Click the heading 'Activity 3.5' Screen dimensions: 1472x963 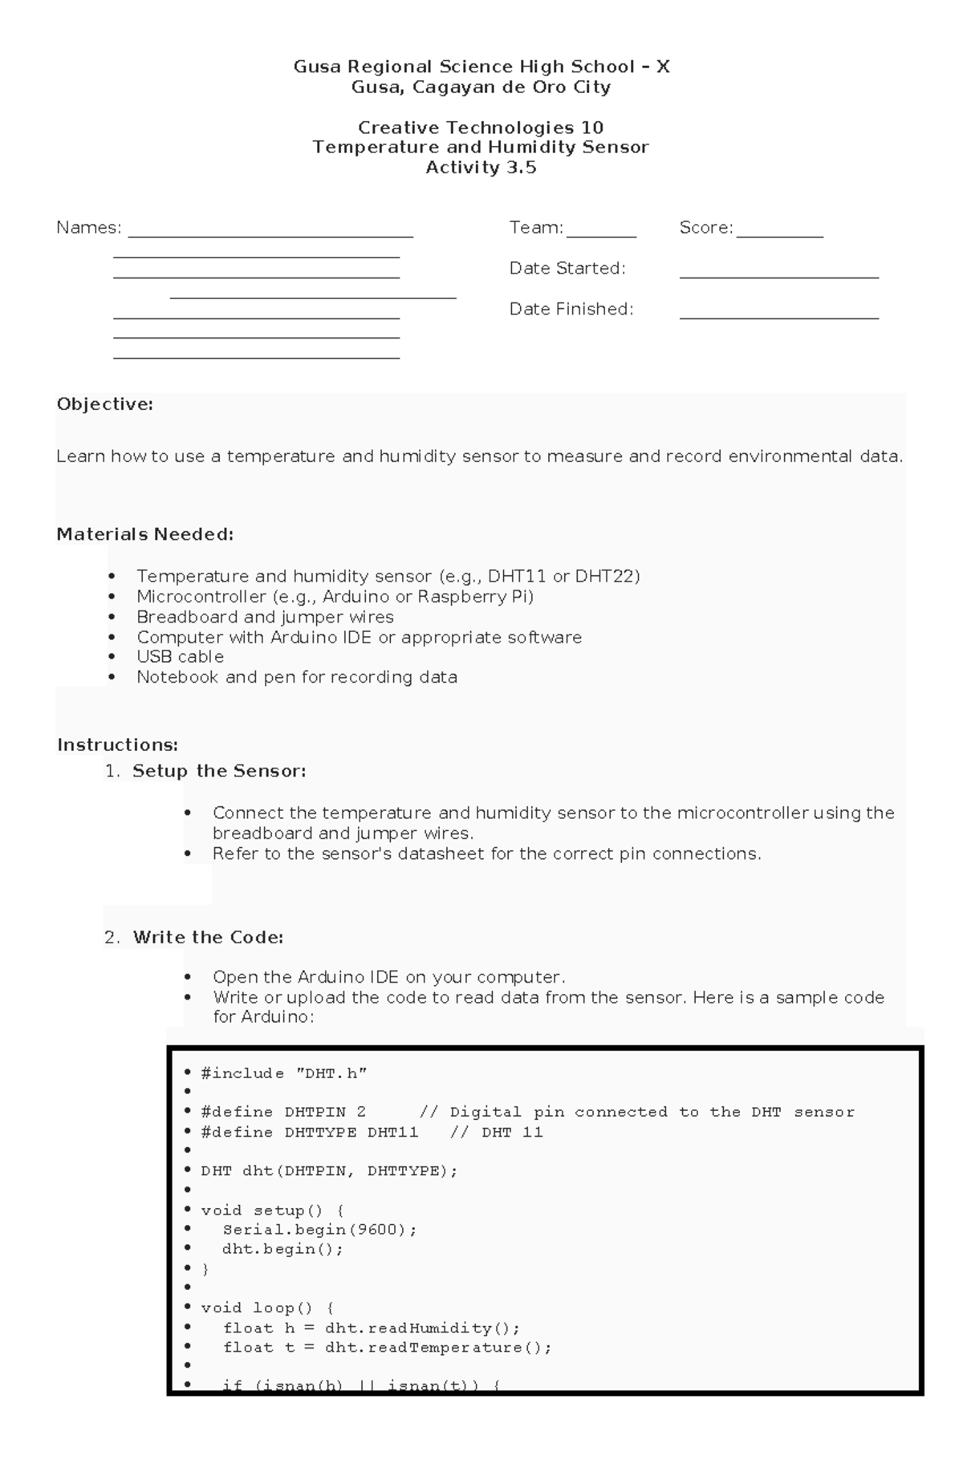pos(481,168)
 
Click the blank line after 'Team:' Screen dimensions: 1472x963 pos(601,235)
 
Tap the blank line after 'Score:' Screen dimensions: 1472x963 pos(779,235)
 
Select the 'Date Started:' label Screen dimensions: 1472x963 pos(567,268)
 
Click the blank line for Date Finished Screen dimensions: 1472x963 pos(778,317)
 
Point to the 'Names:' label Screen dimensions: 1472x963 pos(88,228)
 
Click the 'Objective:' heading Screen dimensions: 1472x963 pos(104,404)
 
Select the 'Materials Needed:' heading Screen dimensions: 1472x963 pos(144,534)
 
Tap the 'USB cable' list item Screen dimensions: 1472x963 pos(180,656)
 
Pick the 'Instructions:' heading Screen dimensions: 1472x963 pos(117,744)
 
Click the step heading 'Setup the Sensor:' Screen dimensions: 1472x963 pos(219,771)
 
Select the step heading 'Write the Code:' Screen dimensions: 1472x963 pos(208,937)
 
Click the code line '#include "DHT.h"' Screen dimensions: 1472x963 pos(283,1073)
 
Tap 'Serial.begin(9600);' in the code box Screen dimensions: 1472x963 pos(319,1229)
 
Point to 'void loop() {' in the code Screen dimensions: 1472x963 pos(267,1308)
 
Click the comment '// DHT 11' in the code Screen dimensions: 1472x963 pos(496,1132)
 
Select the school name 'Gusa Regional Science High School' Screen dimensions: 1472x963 pos(464,67)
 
